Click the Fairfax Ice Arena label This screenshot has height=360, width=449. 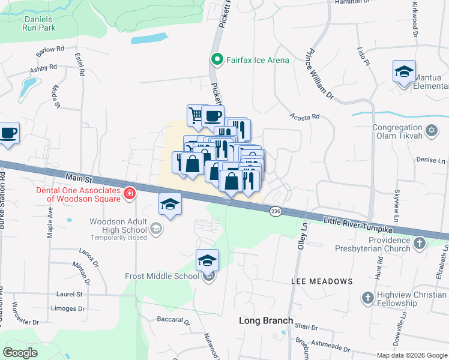257,60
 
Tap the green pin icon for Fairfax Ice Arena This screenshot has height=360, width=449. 217,59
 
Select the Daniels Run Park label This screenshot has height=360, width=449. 39,23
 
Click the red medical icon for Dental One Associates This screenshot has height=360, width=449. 129,193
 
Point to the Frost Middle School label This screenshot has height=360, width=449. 161,276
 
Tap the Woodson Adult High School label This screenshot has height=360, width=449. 118,226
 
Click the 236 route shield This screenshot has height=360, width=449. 276,211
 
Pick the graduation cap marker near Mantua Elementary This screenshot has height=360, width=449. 405,71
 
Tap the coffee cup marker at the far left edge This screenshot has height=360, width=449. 8,133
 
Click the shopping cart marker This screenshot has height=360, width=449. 195,114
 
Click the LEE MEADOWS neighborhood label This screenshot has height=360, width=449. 322,281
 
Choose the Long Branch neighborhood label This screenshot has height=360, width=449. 266,320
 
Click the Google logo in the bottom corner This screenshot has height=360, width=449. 20,352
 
